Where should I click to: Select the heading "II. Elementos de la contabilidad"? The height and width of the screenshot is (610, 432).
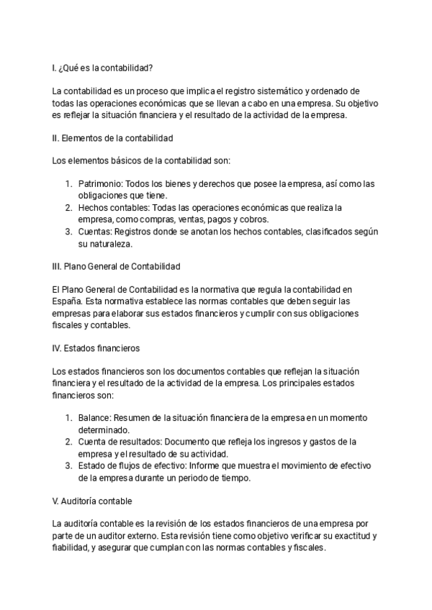[112, 137]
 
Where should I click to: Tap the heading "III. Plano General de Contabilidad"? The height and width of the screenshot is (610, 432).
[116, 267]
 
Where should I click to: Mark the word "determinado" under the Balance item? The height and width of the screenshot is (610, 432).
[104, 429]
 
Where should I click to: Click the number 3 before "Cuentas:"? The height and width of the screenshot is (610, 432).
[69, 232]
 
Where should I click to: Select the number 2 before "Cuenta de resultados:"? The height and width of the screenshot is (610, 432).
[69, 441]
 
